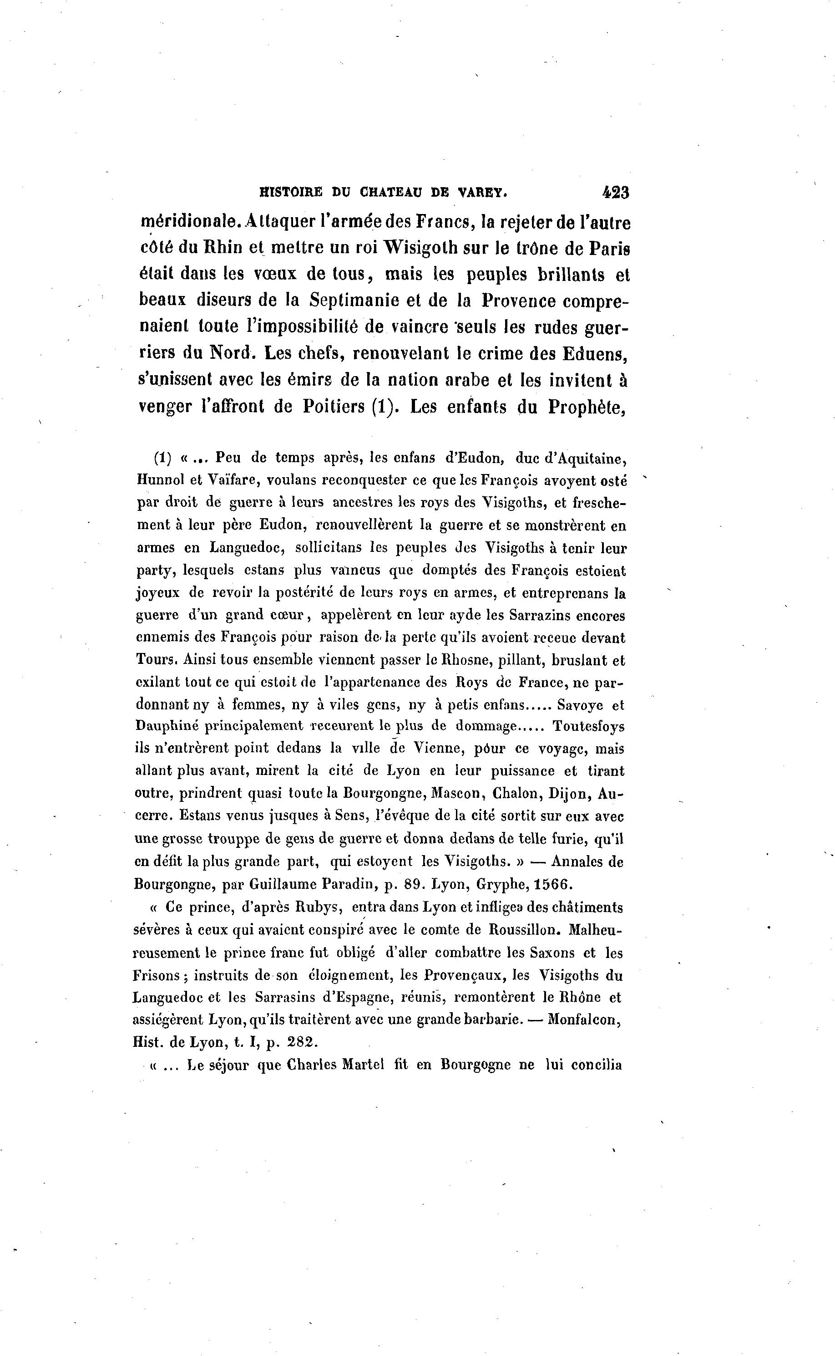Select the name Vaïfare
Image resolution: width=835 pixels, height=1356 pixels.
227,480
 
